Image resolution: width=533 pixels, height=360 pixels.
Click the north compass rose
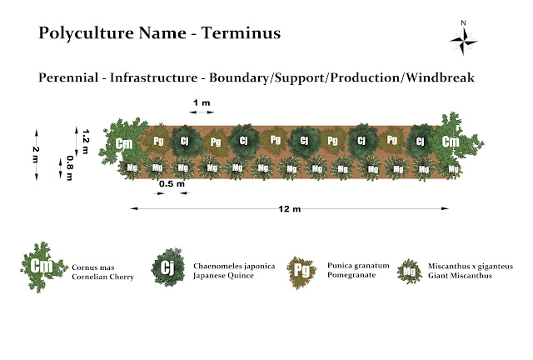463,38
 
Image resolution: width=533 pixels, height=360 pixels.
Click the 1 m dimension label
202,102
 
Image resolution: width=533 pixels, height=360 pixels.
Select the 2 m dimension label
36,154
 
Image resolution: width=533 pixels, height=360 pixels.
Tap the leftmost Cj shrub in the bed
185,141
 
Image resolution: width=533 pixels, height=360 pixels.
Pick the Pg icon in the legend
301,269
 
